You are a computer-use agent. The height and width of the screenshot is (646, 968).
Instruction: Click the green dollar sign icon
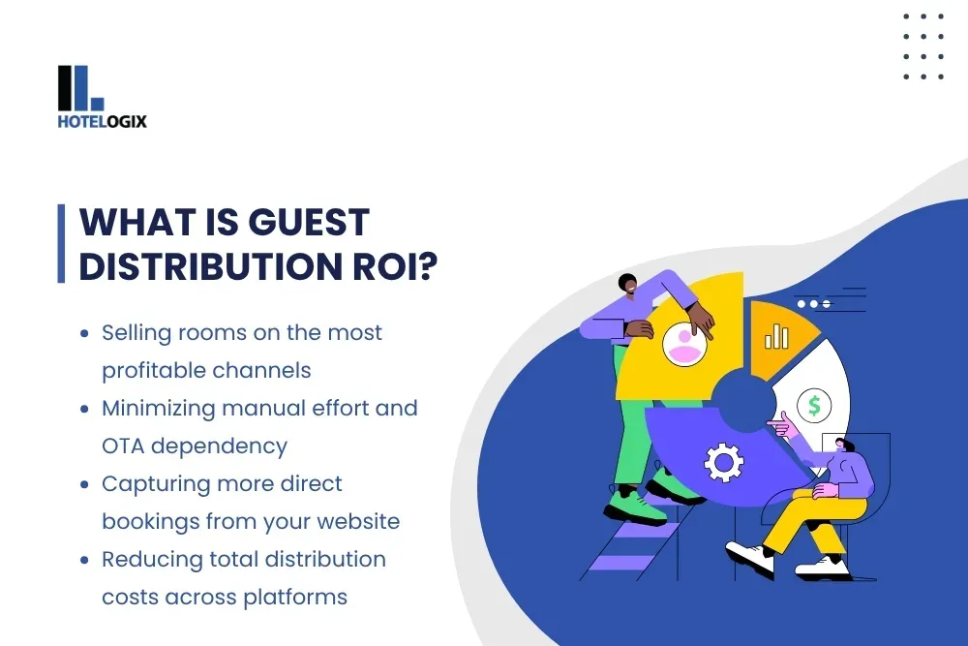pos(813,406)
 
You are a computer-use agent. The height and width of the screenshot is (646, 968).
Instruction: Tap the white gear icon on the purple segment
pos(722,462)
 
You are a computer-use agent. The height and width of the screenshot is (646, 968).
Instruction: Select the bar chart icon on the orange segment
pos(776,336)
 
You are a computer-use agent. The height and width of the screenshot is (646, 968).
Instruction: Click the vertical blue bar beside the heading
pos(62,243)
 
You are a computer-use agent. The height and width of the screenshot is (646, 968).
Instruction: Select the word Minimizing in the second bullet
pos(159,408)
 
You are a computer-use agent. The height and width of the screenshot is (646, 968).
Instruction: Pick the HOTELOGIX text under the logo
pos(103,122)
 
